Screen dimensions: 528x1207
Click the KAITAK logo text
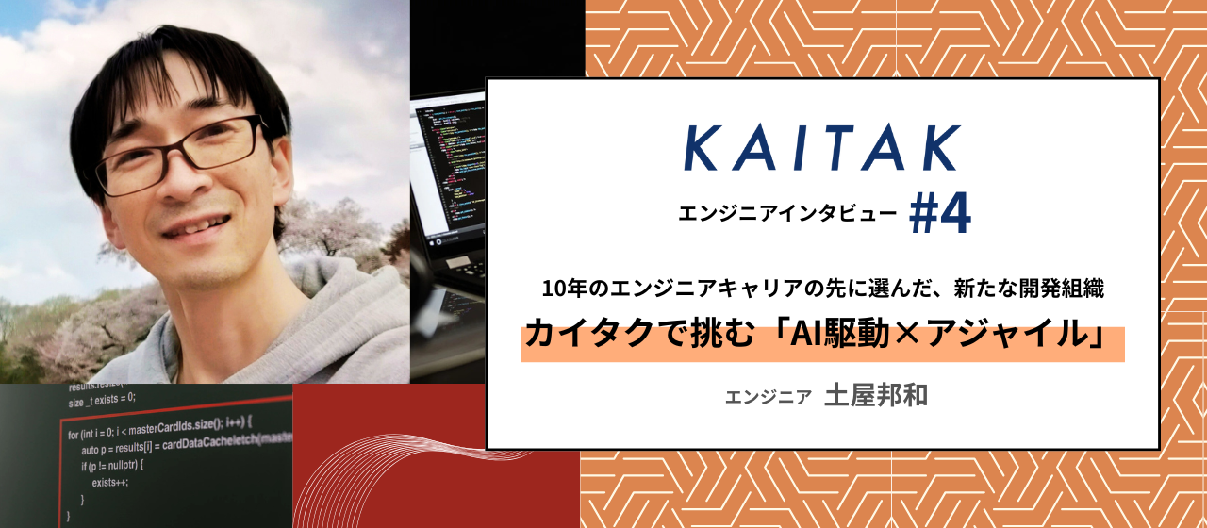822,149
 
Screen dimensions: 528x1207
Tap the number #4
939,215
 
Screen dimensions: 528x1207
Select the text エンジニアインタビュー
787,214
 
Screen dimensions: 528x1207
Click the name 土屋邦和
876,395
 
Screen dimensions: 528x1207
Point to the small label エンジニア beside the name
769,397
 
